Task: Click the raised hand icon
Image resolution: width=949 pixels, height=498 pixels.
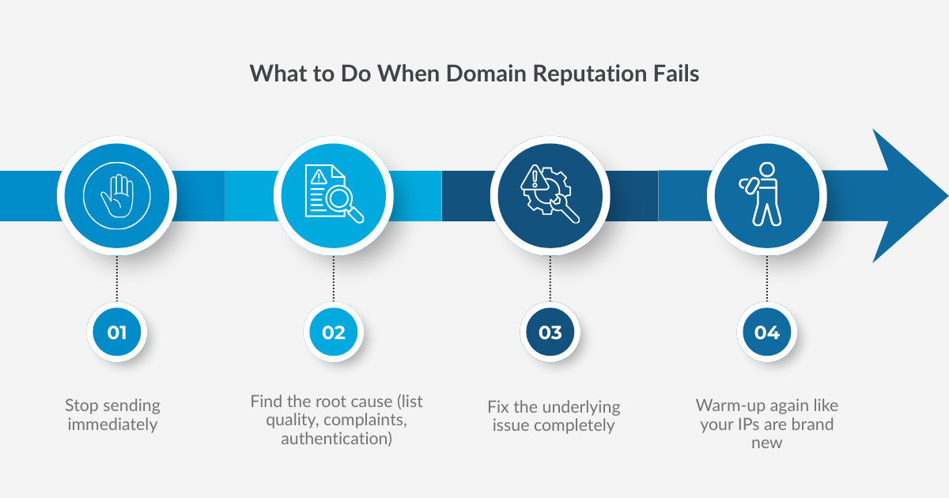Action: (117, 195)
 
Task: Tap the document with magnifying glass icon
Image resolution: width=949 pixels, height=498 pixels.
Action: (334, 195)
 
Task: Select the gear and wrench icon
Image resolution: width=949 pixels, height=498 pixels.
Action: (550, 195)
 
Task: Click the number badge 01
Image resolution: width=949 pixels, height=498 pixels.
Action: (117, 332)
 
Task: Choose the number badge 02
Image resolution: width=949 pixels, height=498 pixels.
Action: (334, 332)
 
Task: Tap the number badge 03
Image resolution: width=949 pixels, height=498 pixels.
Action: (550, 332)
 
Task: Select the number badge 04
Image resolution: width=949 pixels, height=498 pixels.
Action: (766, 332)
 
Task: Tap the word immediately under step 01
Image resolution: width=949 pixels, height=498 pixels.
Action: (112, 424)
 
